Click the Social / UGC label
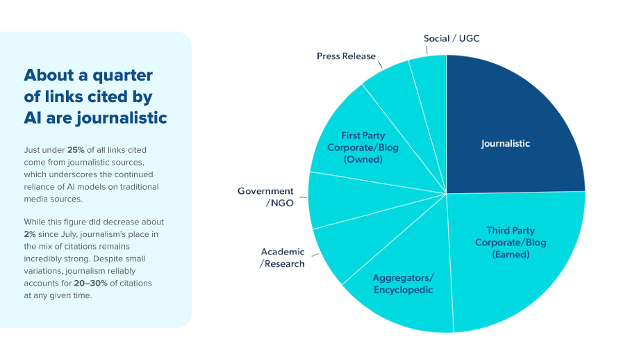click(x=451, y=38)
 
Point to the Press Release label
click(x=346, y=56)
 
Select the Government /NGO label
click(x=265, y=197)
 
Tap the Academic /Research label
click(x=283, y=258)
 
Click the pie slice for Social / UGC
click(x=430, y=102)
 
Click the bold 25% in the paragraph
click(x=76, y=150)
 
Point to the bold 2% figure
click(x=30, y=234)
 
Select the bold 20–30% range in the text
click(x=90, y=284)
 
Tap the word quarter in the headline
click(x=122, y=76)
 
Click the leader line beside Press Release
click(x=380, y=64)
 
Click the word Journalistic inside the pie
click(x=506, y=143)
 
